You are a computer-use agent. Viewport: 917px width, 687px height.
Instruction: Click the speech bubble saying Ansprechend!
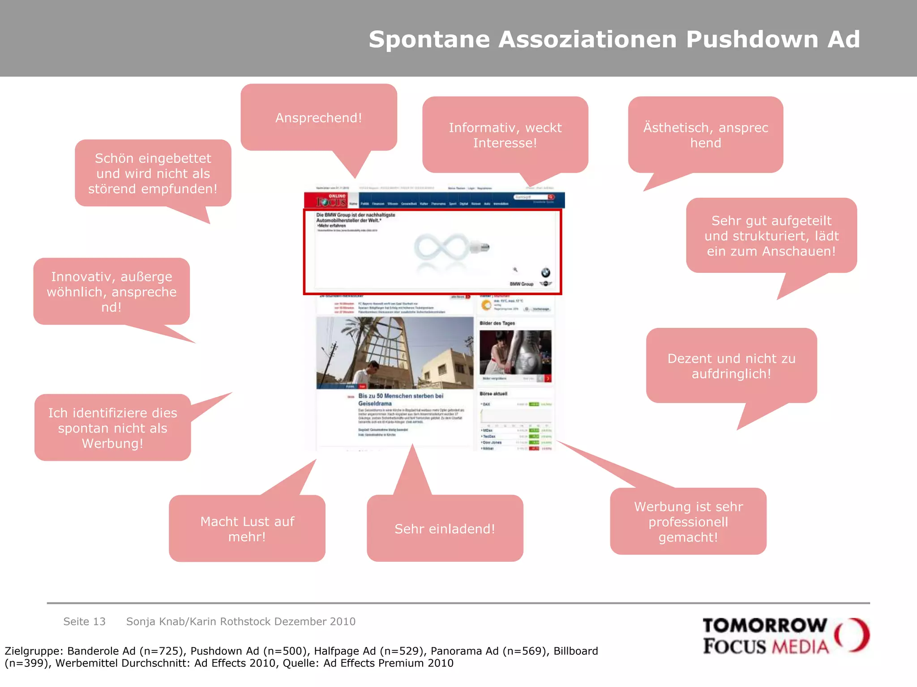pyautogui.click(x=318, y=118)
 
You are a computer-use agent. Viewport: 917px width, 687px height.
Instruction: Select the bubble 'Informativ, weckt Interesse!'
pyautogui.click(x=505, y=135)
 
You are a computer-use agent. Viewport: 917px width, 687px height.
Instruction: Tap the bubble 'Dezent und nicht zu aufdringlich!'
pyautogui.click(x=731, y=366)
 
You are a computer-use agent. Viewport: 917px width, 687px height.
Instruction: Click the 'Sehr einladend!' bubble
pyautogui.click(x=445, y=529)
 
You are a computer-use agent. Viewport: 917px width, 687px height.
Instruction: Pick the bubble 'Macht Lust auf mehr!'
pyautogui.click(x=247, y=529)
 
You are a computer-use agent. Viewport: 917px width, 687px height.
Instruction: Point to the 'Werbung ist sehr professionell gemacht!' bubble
pyautogui.click(x=688, y=522)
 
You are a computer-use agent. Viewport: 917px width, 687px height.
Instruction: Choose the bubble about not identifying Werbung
pyautogui.click(x=112, y=428)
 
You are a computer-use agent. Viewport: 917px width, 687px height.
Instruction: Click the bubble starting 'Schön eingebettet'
pyautogui.click(x=153, y=173)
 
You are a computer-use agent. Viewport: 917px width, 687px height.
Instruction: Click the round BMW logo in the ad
pyautogui.click(x=545, y=272)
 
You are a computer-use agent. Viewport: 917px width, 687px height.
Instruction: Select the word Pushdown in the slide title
pyautogui.click(x=752, y=39)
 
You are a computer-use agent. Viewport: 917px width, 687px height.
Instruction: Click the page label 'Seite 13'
pyautogui.click(x=84, y=621)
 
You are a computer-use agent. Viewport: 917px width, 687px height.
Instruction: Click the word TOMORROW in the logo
pyautogui.click(x=765, y=625)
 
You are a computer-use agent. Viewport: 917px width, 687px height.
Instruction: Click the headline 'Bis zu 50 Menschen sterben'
pyautogui.click(x=400, y=396)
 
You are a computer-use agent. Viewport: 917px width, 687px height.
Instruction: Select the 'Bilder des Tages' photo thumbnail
pyautogui.click(x=515, y=352)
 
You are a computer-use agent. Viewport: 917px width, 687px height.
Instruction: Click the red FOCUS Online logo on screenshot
pyautogui.click(x=331, y=200)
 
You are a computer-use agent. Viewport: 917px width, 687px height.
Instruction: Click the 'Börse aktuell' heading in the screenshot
pyautogui.click(x=493, y=394)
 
